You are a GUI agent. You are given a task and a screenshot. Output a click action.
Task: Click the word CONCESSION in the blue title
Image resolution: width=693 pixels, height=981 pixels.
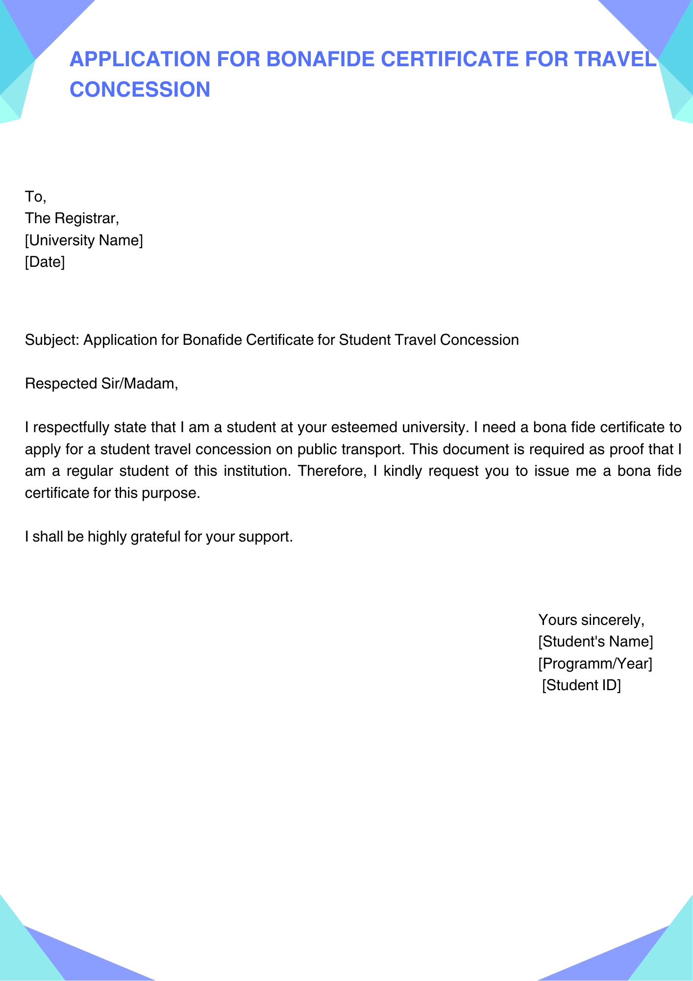tap(140, 89)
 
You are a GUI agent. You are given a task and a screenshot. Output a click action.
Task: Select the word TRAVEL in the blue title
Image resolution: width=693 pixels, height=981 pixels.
tap(615, 59)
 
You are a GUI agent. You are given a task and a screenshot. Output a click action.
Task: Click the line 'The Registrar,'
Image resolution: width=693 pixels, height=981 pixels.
tap(72, 218)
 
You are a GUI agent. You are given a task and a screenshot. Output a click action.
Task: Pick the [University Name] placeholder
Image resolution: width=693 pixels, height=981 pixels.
tap(84, 240)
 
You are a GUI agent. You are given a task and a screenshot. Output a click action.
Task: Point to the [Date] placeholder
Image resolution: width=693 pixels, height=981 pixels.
tap(45, 262)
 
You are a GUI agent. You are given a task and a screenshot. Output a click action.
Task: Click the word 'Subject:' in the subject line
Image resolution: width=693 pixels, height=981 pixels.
tap(52, 340)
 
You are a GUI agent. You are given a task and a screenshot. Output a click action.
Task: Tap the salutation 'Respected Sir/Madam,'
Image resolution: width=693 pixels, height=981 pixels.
tap(101, 384)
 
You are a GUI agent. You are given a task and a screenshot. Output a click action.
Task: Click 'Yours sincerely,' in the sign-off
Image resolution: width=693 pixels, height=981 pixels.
tap(591, 620)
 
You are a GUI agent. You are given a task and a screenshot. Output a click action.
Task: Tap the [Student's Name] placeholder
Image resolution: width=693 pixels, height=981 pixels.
tap(595, 642)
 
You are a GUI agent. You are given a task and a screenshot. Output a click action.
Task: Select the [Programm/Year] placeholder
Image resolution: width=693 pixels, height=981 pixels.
tap(595, 664)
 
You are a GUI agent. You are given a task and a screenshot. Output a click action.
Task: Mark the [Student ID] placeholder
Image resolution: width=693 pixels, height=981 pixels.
tap(581, 685)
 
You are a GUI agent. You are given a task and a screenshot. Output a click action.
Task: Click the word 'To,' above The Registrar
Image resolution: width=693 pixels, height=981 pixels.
tap(35, 197)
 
